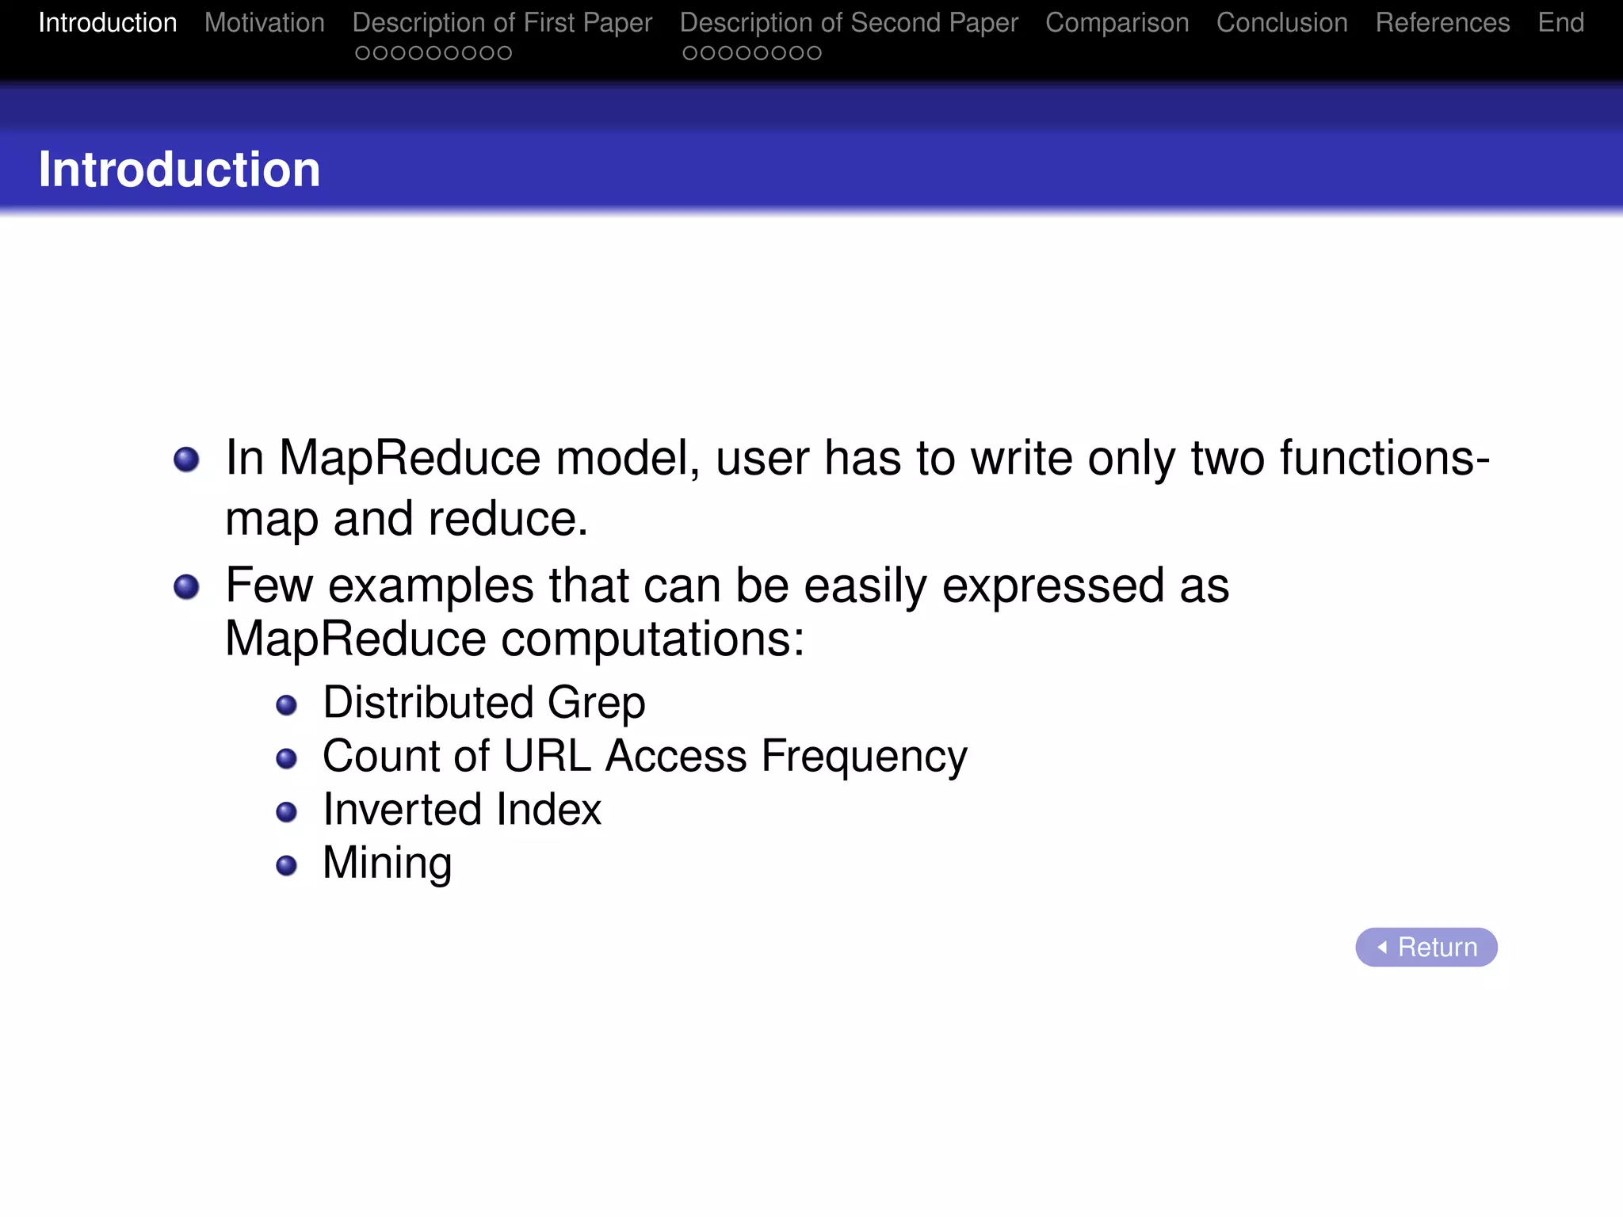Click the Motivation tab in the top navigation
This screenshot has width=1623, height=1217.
pyautogui.click(x=264, y=23)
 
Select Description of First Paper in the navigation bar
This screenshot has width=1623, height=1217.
pyautogui.click(x=502, y=23)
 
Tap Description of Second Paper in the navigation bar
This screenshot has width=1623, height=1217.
pyautogui.click(x=849, y=23)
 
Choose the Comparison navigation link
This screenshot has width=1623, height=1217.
pyautogui.click(x=1117, y=23)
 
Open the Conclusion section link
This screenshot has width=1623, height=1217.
pyautogui.click(x=1281, y=23)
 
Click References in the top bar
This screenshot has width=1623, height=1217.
pyautogui.click(x=1442, y=23)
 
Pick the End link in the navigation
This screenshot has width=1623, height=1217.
pyautogui.click(x=1560, y=23)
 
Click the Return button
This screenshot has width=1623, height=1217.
pyautogui.click(x=1426, y=947)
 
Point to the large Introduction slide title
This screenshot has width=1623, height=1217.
pyautogui.click(x=179, y=170)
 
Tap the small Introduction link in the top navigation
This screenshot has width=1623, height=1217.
pyautogui.click(x=108, y=23)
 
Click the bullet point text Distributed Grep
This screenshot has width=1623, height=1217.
pyautogui.click(x=483, y=703)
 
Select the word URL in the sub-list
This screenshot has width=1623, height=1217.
pyautogui.click(x=547, y=756)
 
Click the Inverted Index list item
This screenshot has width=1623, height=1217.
pyautogui.click(x=461, y=810)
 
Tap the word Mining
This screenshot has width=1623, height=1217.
pyautogui.click(x=387, y=863)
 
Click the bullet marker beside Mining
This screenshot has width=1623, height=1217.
pyautogui.click(x=286, y=865)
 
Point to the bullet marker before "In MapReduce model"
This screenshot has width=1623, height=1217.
pyautogui.click(x=186, y=460)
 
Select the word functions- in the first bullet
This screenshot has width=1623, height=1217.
pyautogui.click(x=1384, y=458)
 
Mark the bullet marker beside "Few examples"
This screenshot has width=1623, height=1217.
pyautogui.click(x=186, y=587)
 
